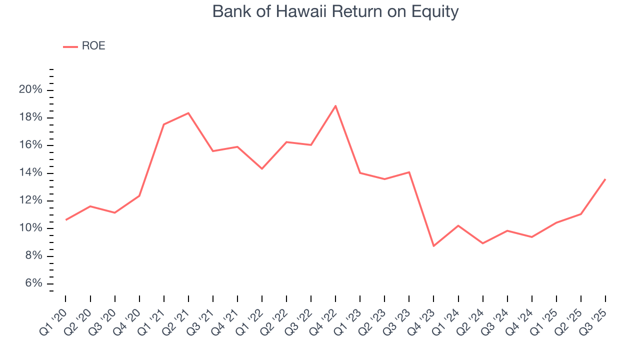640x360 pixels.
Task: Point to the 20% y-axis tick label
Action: pos(30,90)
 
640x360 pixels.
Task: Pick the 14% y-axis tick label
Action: pos(30,173)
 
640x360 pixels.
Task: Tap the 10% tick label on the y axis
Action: pos(30,228)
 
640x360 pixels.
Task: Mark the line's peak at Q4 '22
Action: pos(335,105)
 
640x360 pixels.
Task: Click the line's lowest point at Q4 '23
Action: pos(433,246)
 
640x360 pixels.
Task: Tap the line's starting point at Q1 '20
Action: pos(65,220)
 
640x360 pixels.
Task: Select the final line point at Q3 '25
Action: pos(605,179)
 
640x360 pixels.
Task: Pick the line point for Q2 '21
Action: pos(188,113)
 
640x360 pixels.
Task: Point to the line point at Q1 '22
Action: pos(262,168)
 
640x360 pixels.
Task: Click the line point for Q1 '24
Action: pos(458,225)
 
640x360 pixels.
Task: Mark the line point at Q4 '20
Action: pos(139,195)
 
